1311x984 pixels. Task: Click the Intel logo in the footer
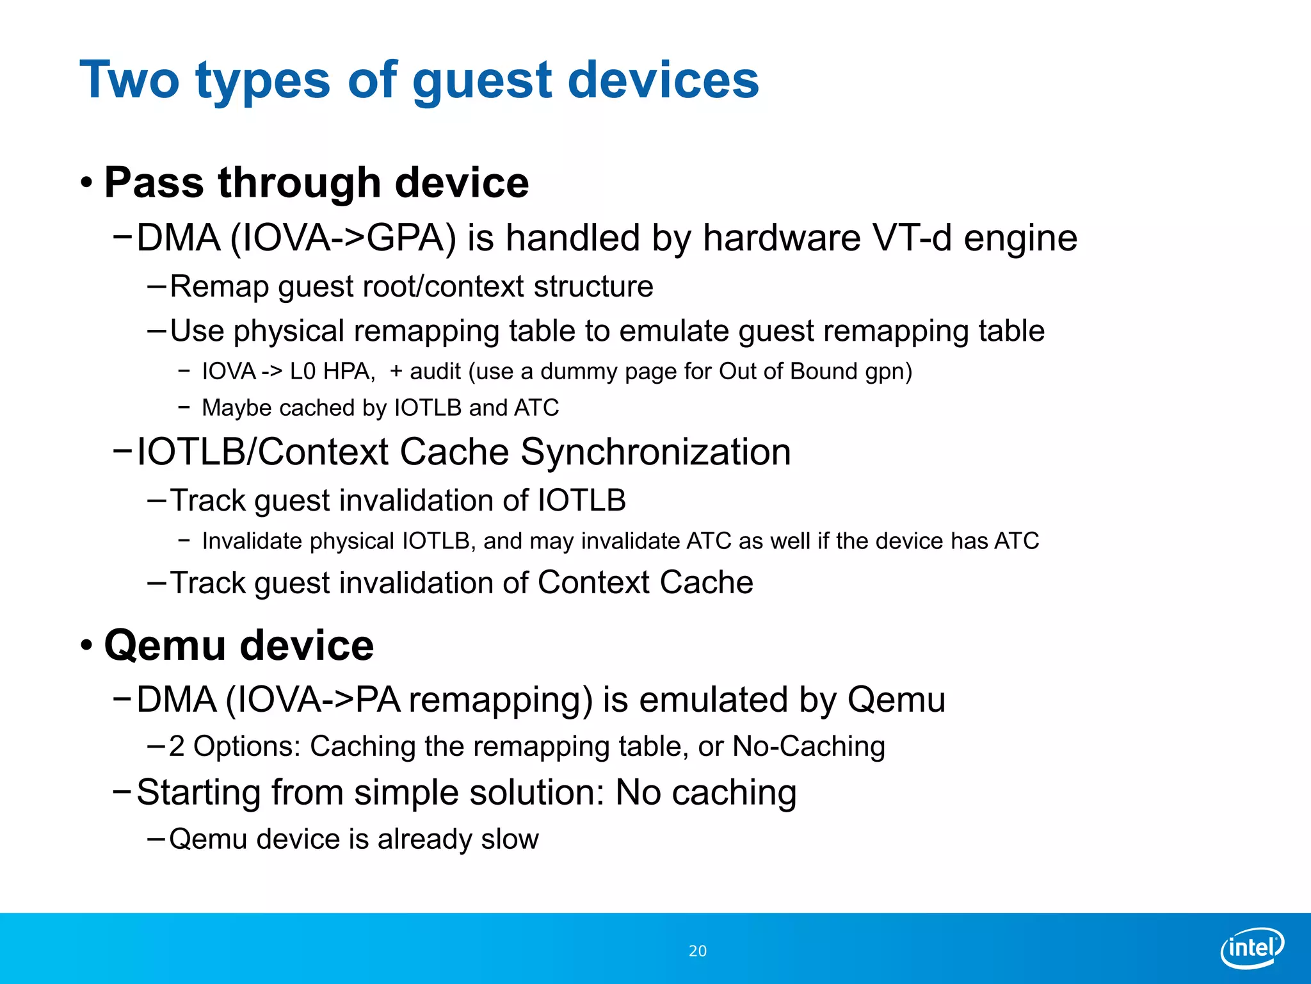[1251, 947]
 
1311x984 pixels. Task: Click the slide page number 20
[697, 951]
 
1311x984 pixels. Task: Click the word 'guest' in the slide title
[483, 81]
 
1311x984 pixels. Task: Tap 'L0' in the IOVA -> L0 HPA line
[302, 372]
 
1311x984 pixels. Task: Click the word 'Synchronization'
[655, 452]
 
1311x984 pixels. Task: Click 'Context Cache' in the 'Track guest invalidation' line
[645, 583]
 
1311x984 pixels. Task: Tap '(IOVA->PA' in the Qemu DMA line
[312, 700]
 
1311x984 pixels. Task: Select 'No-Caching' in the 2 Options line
[808, 746]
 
